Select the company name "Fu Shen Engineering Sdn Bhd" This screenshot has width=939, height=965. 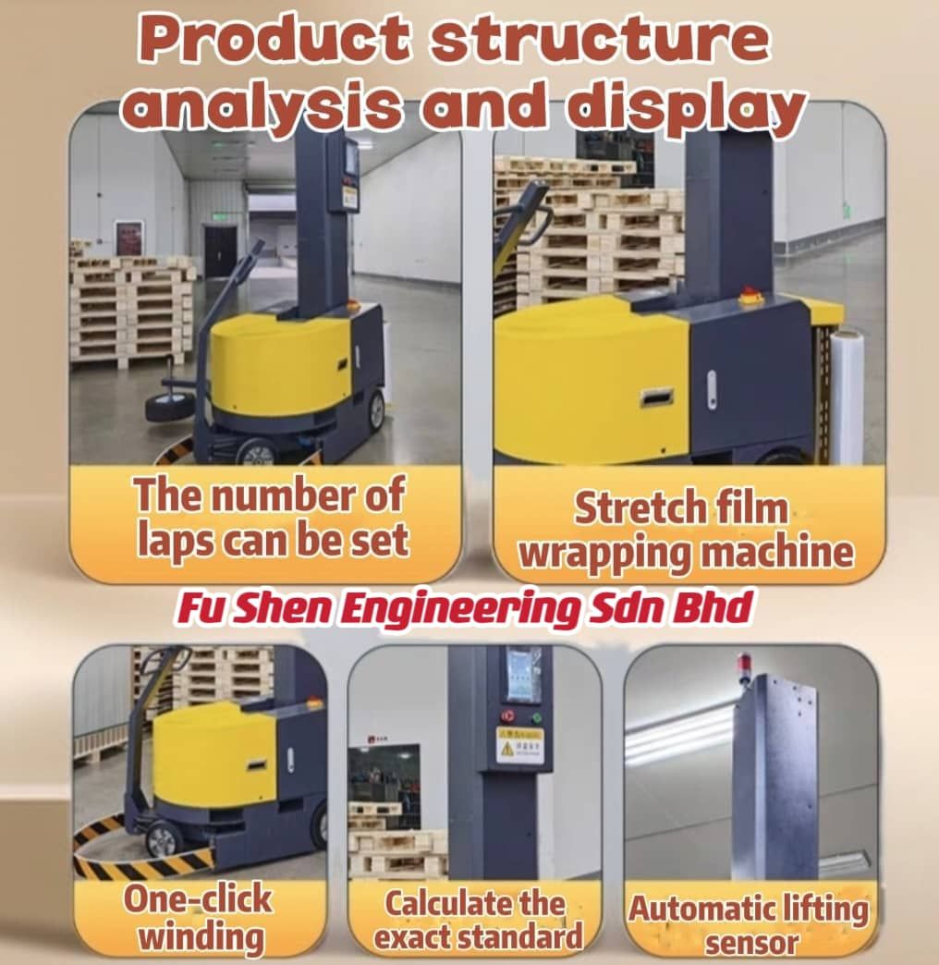pyautogui.click(x=465, y=608)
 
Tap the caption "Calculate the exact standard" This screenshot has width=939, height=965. pyautogui.click(x=478, y=920)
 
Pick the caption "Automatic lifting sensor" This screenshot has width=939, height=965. pyautogui.click(x=750, y=924)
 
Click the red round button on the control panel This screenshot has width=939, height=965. pyautogui.click(x=507, y=715)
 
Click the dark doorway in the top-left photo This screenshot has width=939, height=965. pyautogui.click(x=220, y=251)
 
